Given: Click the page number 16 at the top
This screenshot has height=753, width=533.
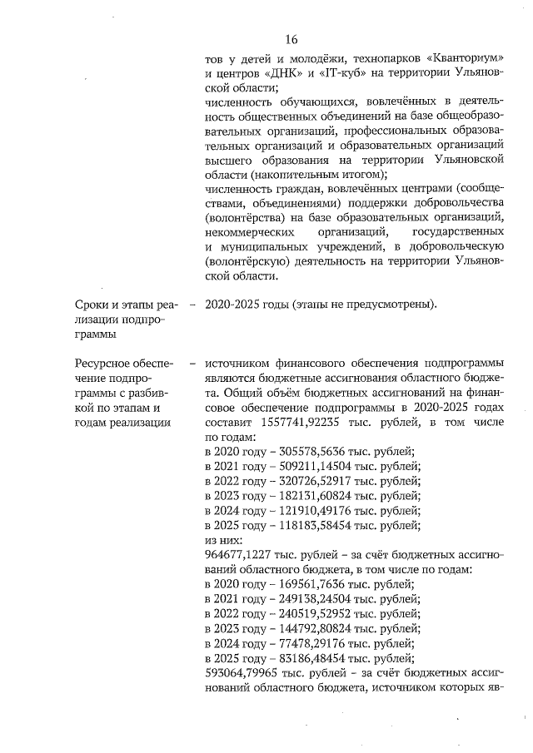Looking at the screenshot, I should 291,39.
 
